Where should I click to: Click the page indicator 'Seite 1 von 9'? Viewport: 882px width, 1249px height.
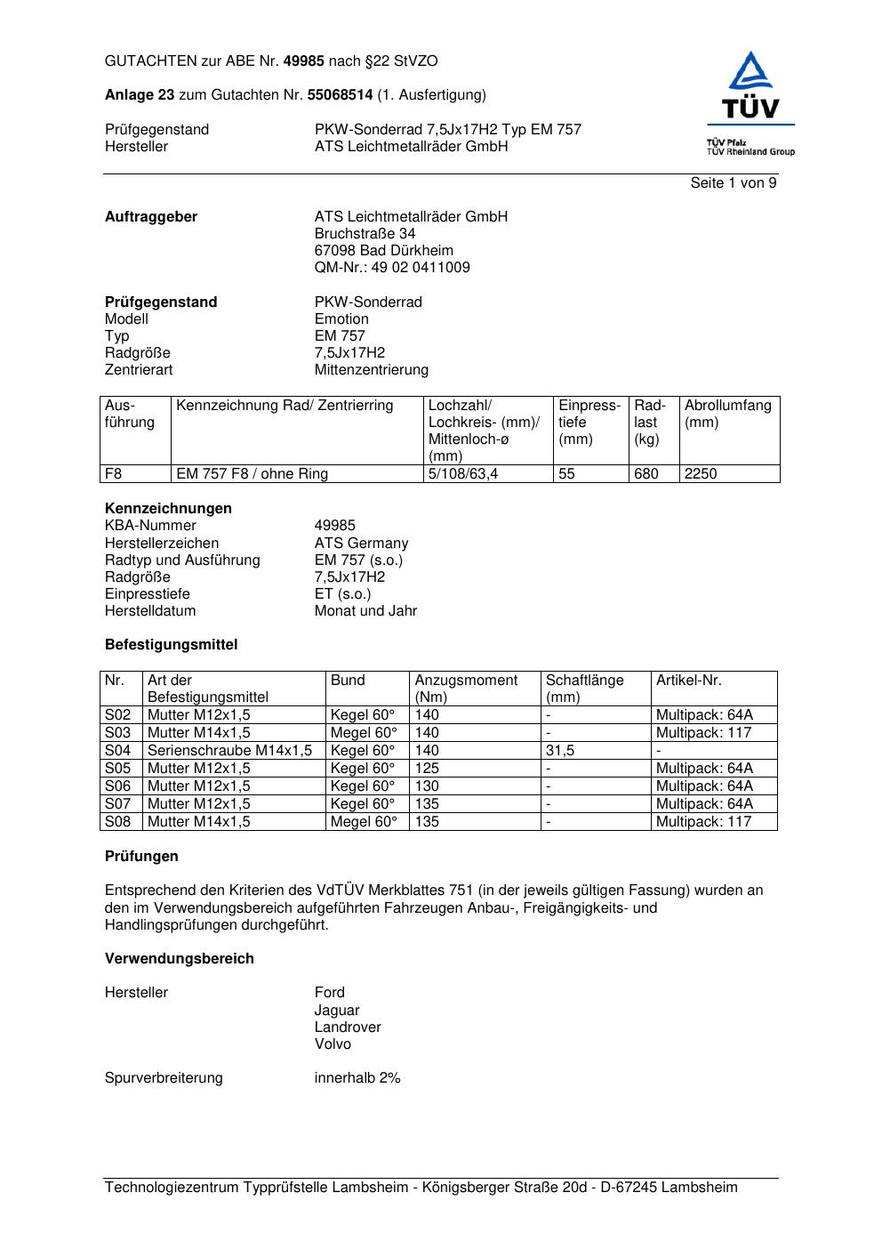point(733,183)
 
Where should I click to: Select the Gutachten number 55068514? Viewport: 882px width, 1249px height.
point(340,95)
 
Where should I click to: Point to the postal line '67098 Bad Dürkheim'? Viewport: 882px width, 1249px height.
point(383,251)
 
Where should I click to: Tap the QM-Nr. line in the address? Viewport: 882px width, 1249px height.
point(392,268)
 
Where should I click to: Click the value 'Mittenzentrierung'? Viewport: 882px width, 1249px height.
point(371,370)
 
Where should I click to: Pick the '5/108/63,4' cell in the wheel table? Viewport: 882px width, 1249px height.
point(463,474)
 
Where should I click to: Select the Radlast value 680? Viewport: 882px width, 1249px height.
point(645,474)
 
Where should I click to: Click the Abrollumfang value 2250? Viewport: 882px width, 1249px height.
point(701,474)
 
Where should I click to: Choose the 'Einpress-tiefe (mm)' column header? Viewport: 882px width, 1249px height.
point(589,423)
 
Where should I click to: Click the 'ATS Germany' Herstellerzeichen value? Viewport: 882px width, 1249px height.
point(361,544)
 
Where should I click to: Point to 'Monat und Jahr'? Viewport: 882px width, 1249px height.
point(365,611)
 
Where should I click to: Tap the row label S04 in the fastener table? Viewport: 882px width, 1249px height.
point(118,751)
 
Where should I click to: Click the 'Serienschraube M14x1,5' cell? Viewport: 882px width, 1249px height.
point(229,751)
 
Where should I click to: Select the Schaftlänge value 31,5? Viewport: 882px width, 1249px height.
point(560,751)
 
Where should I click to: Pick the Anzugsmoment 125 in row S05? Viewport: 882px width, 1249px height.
point(427,769)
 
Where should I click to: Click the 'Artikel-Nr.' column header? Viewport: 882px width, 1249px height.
point(688,681)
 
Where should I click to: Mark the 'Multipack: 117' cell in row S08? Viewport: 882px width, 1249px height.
point(703,822)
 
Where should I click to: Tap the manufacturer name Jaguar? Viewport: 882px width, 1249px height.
point(337,1011)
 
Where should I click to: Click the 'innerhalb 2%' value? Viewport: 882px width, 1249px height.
point(357,1078)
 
